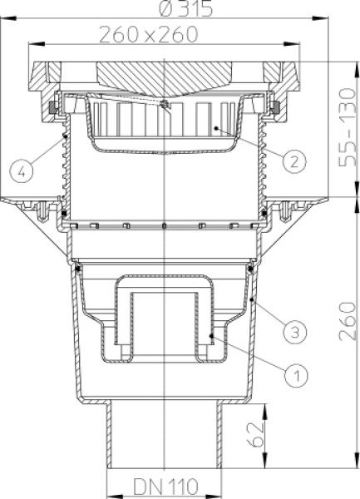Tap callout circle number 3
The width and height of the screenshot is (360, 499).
pos(293,333)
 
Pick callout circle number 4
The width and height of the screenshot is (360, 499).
pos(23,172)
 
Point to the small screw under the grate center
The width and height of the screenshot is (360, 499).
pos(167,106)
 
